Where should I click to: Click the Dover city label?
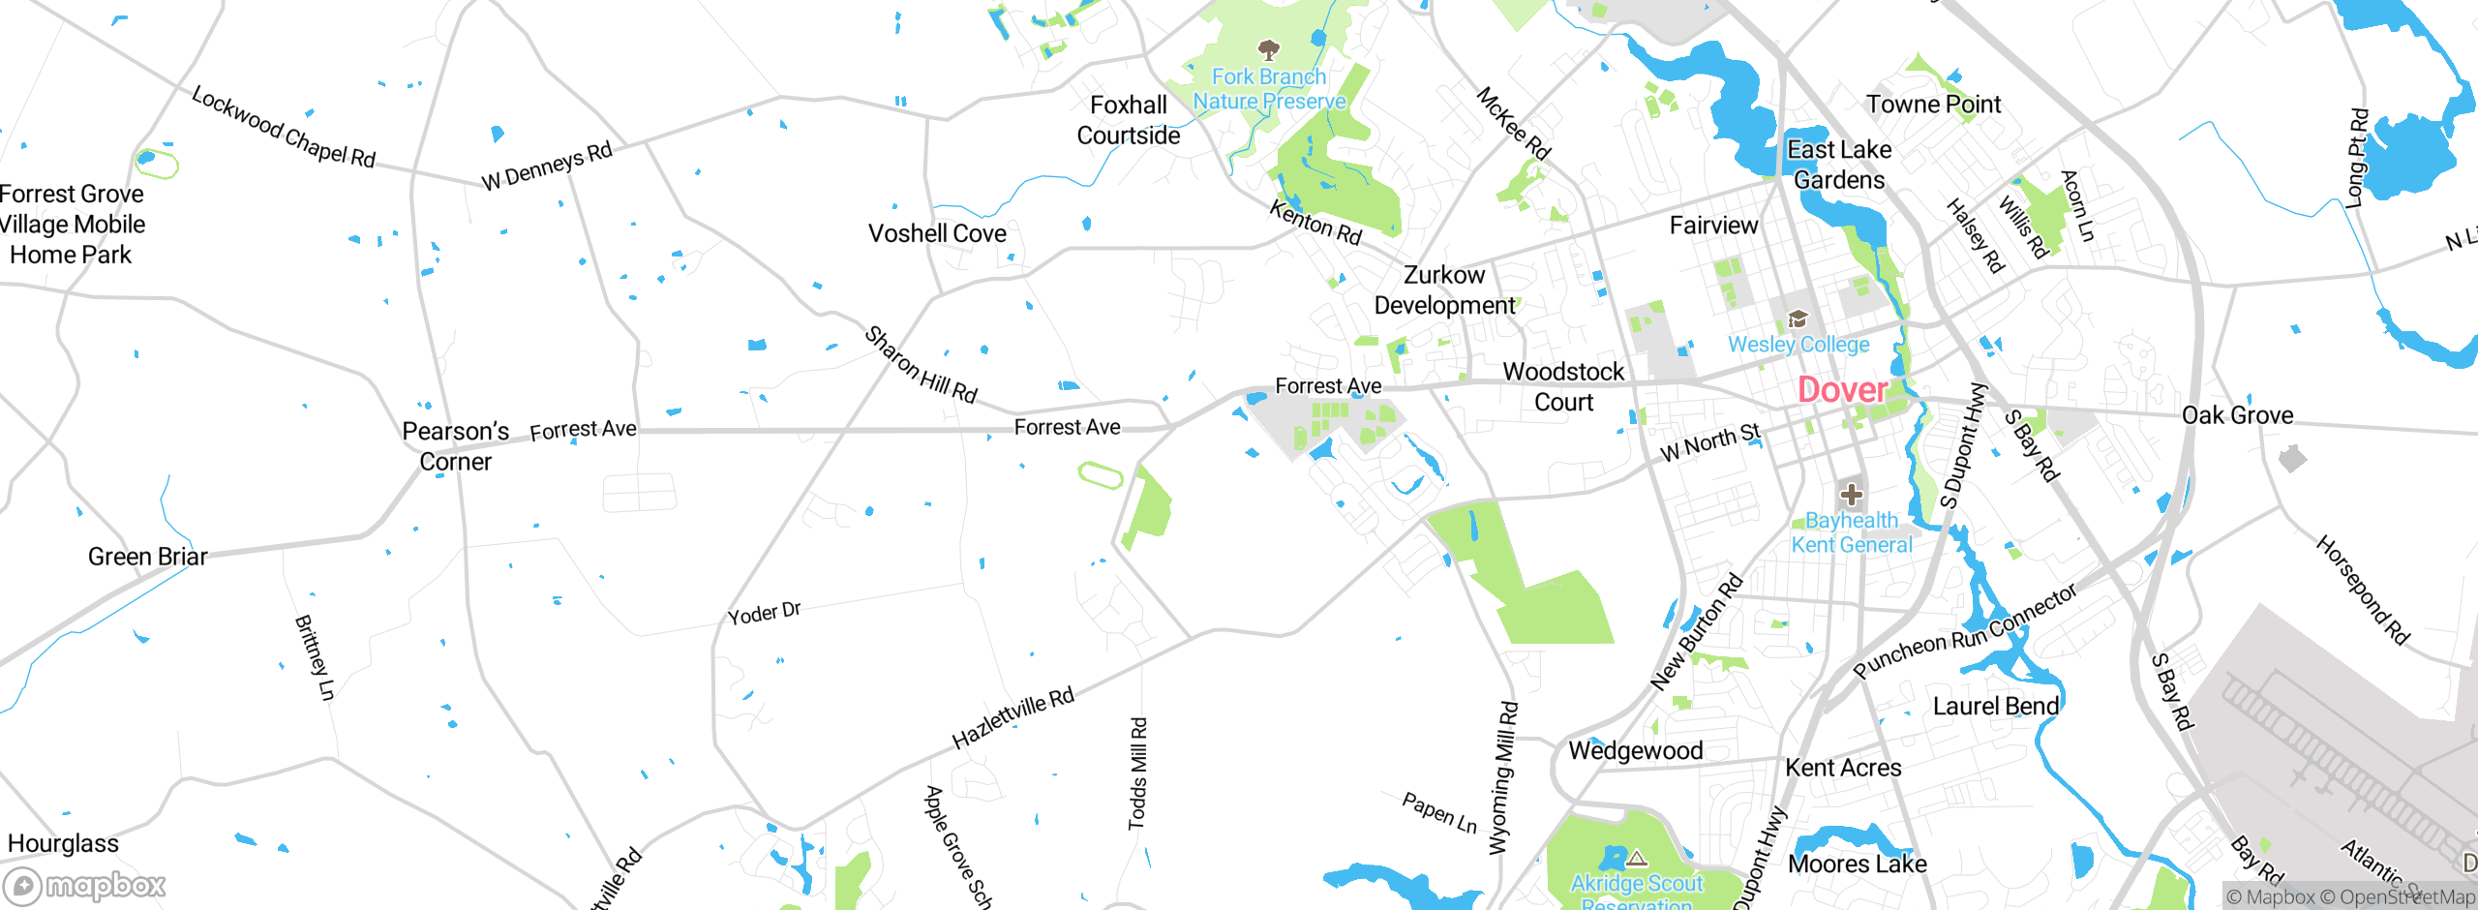[1842, 390]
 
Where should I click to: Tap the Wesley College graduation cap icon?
[1798, 318]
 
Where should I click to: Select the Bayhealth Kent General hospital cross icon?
[1851, 495]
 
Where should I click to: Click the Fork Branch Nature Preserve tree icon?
[1268, 49]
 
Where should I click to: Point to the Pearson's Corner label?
[455, 446]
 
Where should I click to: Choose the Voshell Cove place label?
[937, 234]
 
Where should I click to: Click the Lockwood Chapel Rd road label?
[283, 127]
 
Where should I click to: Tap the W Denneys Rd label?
[547, 167]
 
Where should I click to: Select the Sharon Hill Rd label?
[921, 365]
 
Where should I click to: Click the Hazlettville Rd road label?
[1012, 717]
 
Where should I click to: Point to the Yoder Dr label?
[764, 613]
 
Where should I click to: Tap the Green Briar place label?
[147, 557]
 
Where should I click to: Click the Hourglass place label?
[63, 844]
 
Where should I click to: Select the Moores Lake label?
[1858, 864]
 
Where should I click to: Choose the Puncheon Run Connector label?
[1964, 631]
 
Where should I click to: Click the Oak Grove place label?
[2237, 415]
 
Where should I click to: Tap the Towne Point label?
[1933, 105]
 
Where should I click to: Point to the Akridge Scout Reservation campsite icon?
[1636, 859]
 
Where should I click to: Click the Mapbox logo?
[85, 885]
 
